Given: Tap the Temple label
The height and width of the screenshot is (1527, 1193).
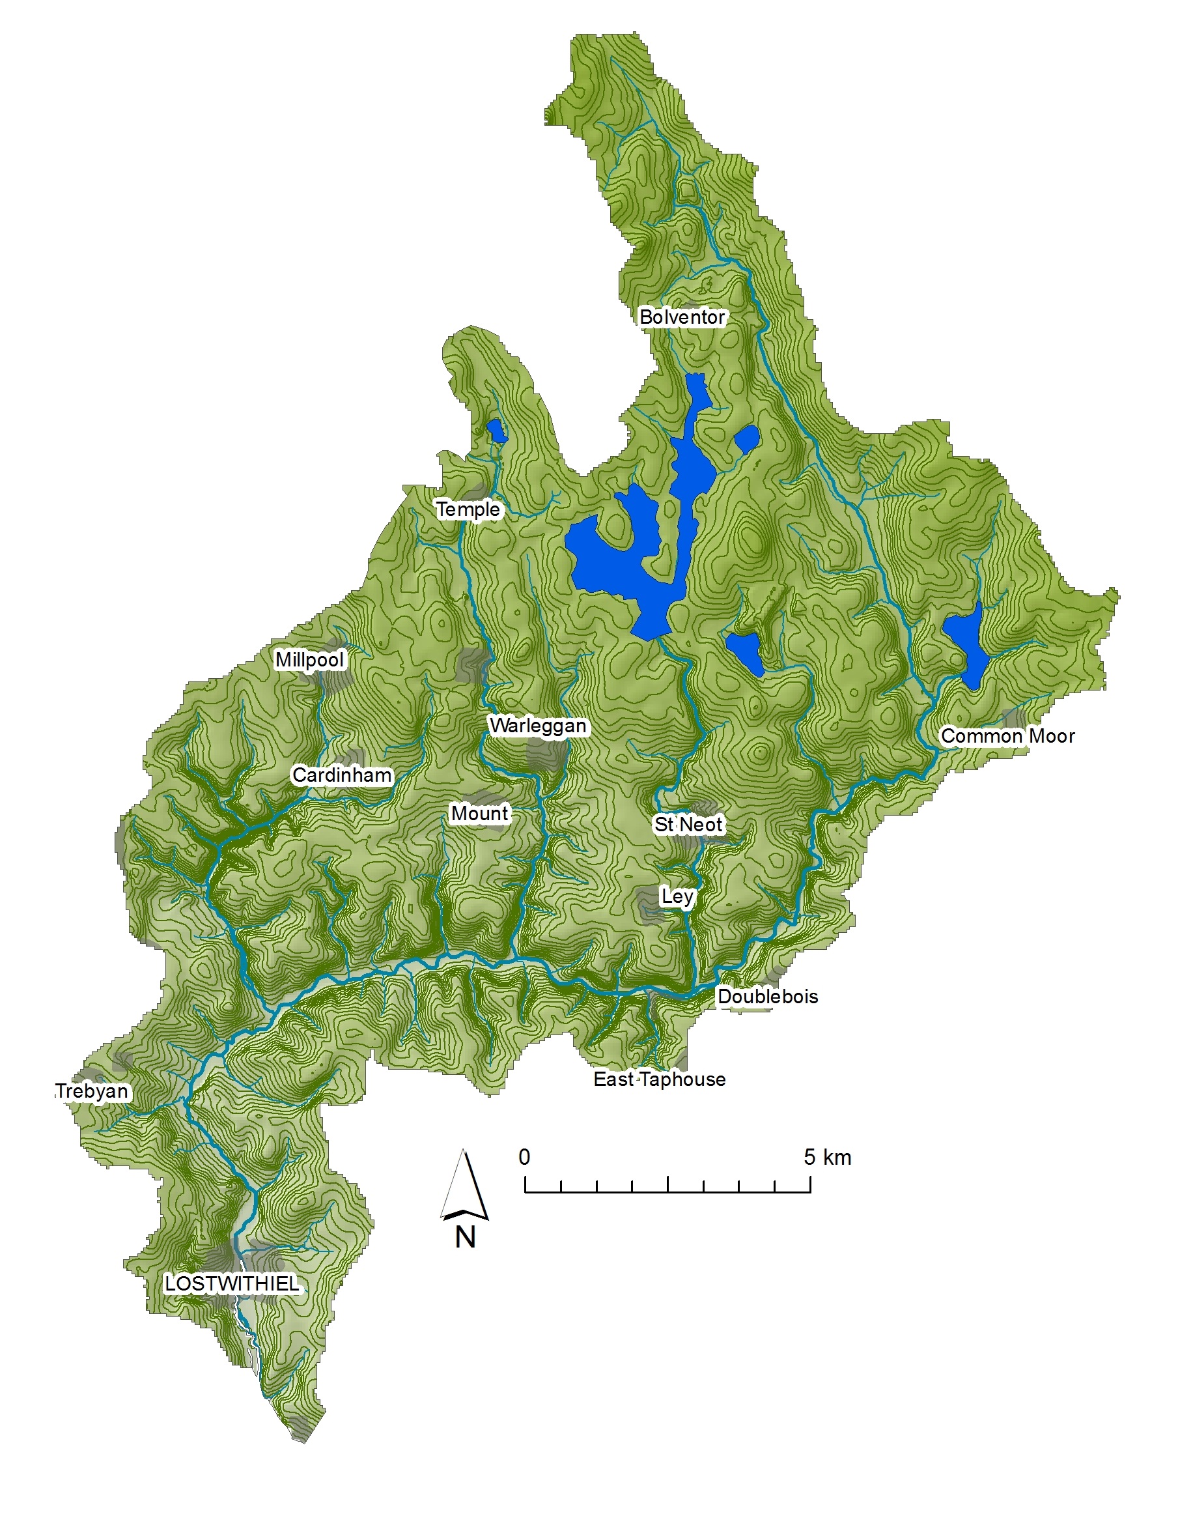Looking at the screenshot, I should pos(468,509).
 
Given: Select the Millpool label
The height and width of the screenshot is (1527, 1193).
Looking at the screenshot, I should pos(309,659).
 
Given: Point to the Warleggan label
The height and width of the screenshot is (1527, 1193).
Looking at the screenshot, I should pos(537,726).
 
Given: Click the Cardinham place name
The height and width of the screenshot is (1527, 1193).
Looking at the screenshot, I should pos(341,775).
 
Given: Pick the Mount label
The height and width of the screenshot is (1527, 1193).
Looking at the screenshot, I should pos(479,813).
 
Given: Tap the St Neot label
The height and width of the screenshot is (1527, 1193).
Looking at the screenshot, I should pos(688,824).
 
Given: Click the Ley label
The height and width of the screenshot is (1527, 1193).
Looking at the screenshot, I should pos(677,896).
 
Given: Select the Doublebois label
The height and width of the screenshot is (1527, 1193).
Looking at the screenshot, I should pos(767,996).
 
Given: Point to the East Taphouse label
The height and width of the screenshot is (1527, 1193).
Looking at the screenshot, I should pos(659,1079).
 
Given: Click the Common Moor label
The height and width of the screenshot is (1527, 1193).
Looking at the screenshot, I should pos(1007,736).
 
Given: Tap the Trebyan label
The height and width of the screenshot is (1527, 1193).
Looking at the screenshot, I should pos(92,1091).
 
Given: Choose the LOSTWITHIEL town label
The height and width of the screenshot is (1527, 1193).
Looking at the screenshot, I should pos(231,1284).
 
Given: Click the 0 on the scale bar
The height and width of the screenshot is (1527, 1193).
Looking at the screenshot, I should pos(524,1157).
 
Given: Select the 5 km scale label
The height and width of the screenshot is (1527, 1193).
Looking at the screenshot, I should pos(827,1157).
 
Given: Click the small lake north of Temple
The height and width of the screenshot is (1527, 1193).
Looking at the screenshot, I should pos(496,431).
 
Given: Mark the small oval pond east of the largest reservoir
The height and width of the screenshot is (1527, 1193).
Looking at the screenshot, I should pos(746,438).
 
